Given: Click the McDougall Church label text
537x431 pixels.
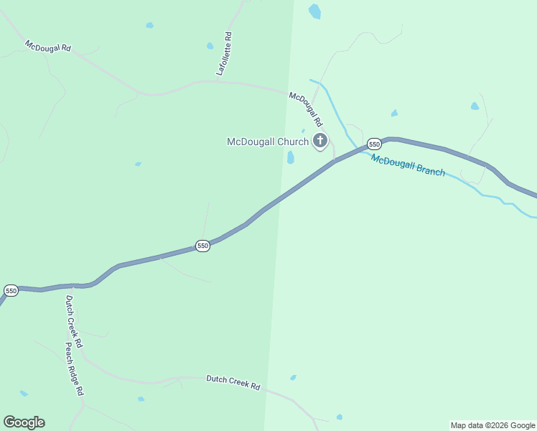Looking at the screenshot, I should point(267,142).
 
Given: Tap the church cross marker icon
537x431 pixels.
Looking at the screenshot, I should point(320,141).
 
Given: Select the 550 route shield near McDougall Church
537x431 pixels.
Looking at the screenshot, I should point(374,144).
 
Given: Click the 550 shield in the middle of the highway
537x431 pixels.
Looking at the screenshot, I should point(202,246).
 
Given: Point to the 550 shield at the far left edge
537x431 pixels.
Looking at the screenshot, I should point(11,290).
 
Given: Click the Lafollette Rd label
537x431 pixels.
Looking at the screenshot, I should point(224,54).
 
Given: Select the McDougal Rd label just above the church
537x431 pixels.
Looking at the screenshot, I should point(306,108).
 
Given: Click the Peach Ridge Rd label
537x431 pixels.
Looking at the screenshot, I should point(75,369).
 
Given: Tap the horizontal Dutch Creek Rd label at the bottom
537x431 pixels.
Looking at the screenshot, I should point(233,381).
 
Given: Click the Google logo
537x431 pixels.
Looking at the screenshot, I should point(24,422).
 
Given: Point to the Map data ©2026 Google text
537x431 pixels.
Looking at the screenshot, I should point(493,425).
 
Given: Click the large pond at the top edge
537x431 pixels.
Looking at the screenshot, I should point(314,11).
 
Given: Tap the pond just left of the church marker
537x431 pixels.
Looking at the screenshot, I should point(290,157).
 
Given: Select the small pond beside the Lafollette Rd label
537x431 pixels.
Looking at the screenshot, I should point(210,46).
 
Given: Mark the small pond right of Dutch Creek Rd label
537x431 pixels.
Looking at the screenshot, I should point(293,377).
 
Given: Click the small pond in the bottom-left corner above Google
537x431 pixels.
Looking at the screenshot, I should point(24,393).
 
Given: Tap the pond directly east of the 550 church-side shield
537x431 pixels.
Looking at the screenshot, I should point(394,113).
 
